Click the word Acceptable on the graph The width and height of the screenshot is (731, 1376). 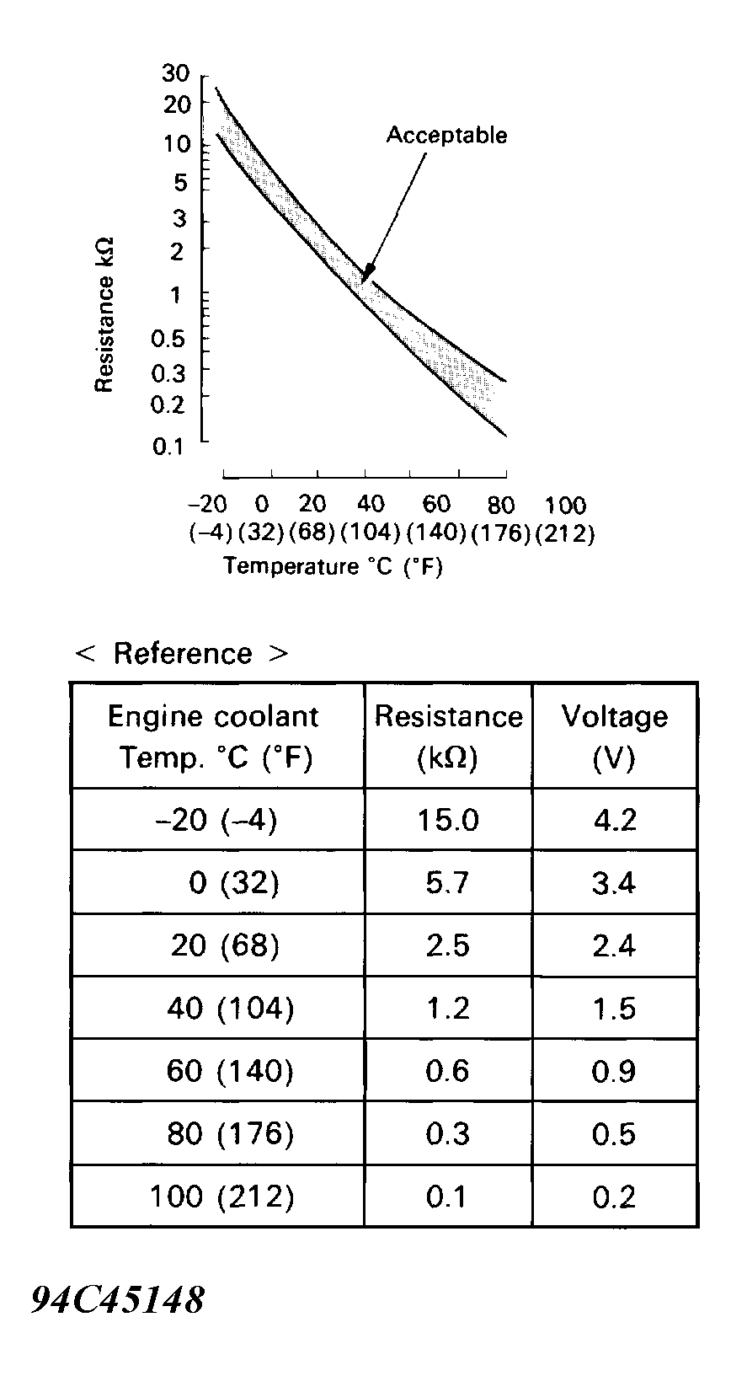[x=446, y=136]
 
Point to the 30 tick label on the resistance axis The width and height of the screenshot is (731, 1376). [x=176, y=73]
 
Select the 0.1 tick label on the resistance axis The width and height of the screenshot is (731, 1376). [x=168, y=447]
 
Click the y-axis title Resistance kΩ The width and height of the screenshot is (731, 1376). [x=104, y=315]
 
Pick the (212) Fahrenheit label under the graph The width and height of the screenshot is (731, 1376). [x=565, y=534]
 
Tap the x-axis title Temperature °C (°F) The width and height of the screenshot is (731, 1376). [x=333, y=566]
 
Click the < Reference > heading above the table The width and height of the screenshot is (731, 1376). [x=182, y=653]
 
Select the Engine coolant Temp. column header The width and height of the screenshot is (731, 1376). [x=214, y=736]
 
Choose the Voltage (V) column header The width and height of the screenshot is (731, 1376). [x=614, y=736]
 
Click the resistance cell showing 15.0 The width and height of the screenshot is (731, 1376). [x=447, y=820]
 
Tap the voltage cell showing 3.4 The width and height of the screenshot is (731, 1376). [x=614, y=883]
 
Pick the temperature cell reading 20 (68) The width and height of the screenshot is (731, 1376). [x=225, y=945]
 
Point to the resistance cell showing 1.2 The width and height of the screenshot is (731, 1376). [x=447, y=1009]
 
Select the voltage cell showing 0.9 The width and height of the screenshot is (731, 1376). [x=614, y=1071]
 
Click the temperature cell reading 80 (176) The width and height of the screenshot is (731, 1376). [x=230, y=1134]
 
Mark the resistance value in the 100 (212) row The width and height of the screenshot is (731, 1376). [x=447, y=1197]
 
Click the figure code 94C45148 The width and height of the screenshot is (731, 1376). [x=117, y=1300]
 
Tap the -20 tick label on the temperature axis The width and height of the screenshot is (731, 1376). [x=207, y=505]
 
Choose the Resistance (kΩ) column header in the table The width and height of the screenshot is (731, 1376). [x=448, y=736]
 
